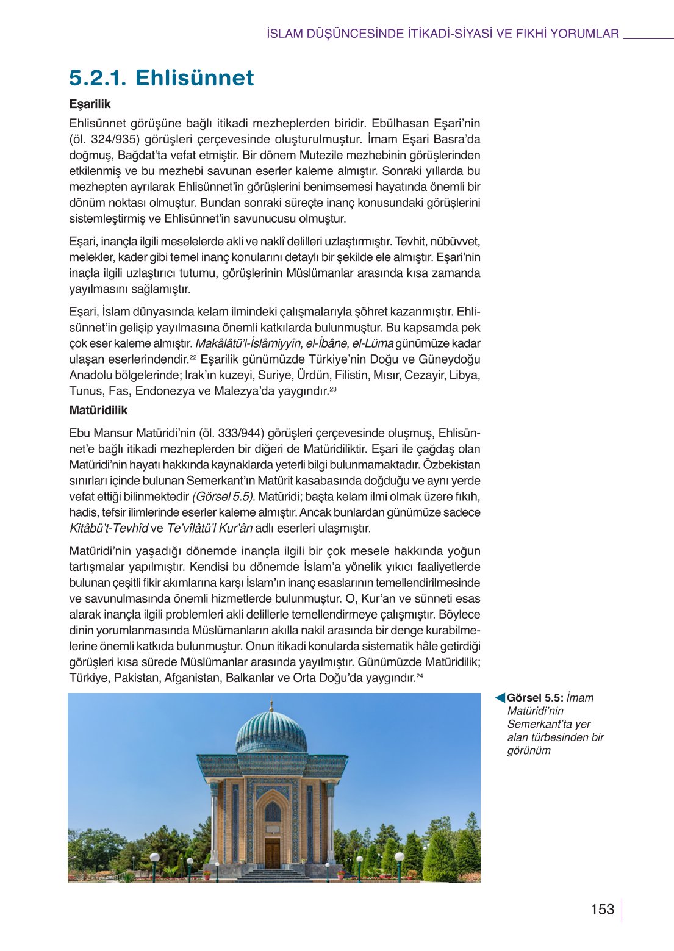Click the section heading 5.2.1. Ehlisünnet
[x=162, y=78]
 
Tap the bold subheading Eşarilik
[x=90, y=104]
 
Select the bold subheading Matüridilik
[x=98, y=411]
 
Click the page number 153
[x=602, y=910]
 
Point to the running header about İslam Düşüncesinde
[x=443, y=34]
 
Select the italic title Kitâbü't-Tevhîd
[x=109, y=528]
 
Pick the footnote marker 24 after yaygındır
[x=420, y=676]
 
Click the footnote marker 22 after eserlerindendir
[x=193, y=357]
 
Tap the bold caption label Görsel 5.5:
[x=535, y=698]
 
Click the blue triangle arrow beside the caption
[x=500, y=698]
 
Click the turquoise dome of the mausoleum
[x=271, y=733]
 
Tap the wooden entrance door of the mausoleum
[x=272, y=853]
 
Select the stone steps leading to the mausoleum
[x=272, y=876]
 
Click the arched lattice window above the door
[x=272, y=812]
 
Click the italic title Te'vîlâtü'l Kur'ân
[x=209, y=528]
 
